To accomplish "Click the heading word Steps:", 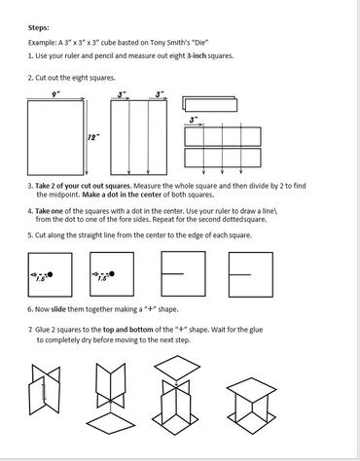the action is point(39,27).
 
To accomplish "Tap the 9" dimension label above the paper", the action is point(55,94).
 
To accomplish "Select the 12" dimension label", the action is point(92,137).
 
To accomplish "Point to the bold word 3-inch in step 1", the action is point(197,55).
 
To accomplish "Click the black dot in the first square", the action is point(50,274).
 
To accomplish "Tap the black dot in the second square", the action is point(112,274).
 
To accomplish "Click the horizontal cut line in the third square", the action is point(172,274).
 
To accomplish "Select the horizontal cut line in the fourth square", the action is point(240,274).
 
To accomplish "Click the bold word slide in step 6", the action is point(58,309).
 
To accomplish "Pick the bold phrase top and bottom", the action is point(127,330).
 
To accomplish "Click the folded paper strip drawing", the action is point(209,104).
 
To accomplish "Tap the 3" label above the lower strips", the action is point(194,120).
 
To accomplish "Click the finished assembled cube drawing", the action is point(251,406).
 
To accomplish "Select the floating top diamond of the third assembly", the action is point(177,368).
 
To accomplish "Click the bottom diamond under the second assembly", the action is point(111,423).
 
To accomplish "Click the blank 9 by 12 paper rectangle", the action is point(55,138).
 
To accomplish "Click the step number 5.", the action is point(29,235).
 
